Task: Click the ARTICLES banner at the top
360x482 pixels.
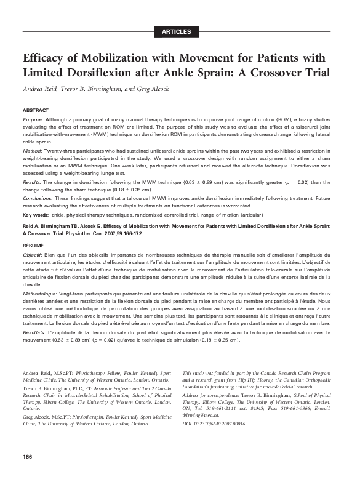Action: (180, 31)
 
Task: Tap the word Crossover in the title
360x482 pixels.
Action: (269, 73)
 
